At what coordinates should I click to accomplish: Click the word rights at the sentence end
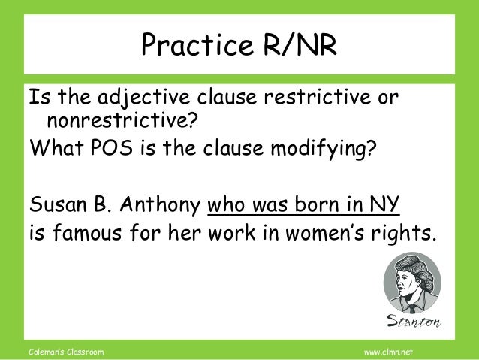(405, 233)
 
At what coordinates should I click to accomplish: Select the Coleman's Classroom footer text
(65, 351)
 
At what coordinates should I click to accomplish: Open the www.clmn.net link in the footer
(393, 351)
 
